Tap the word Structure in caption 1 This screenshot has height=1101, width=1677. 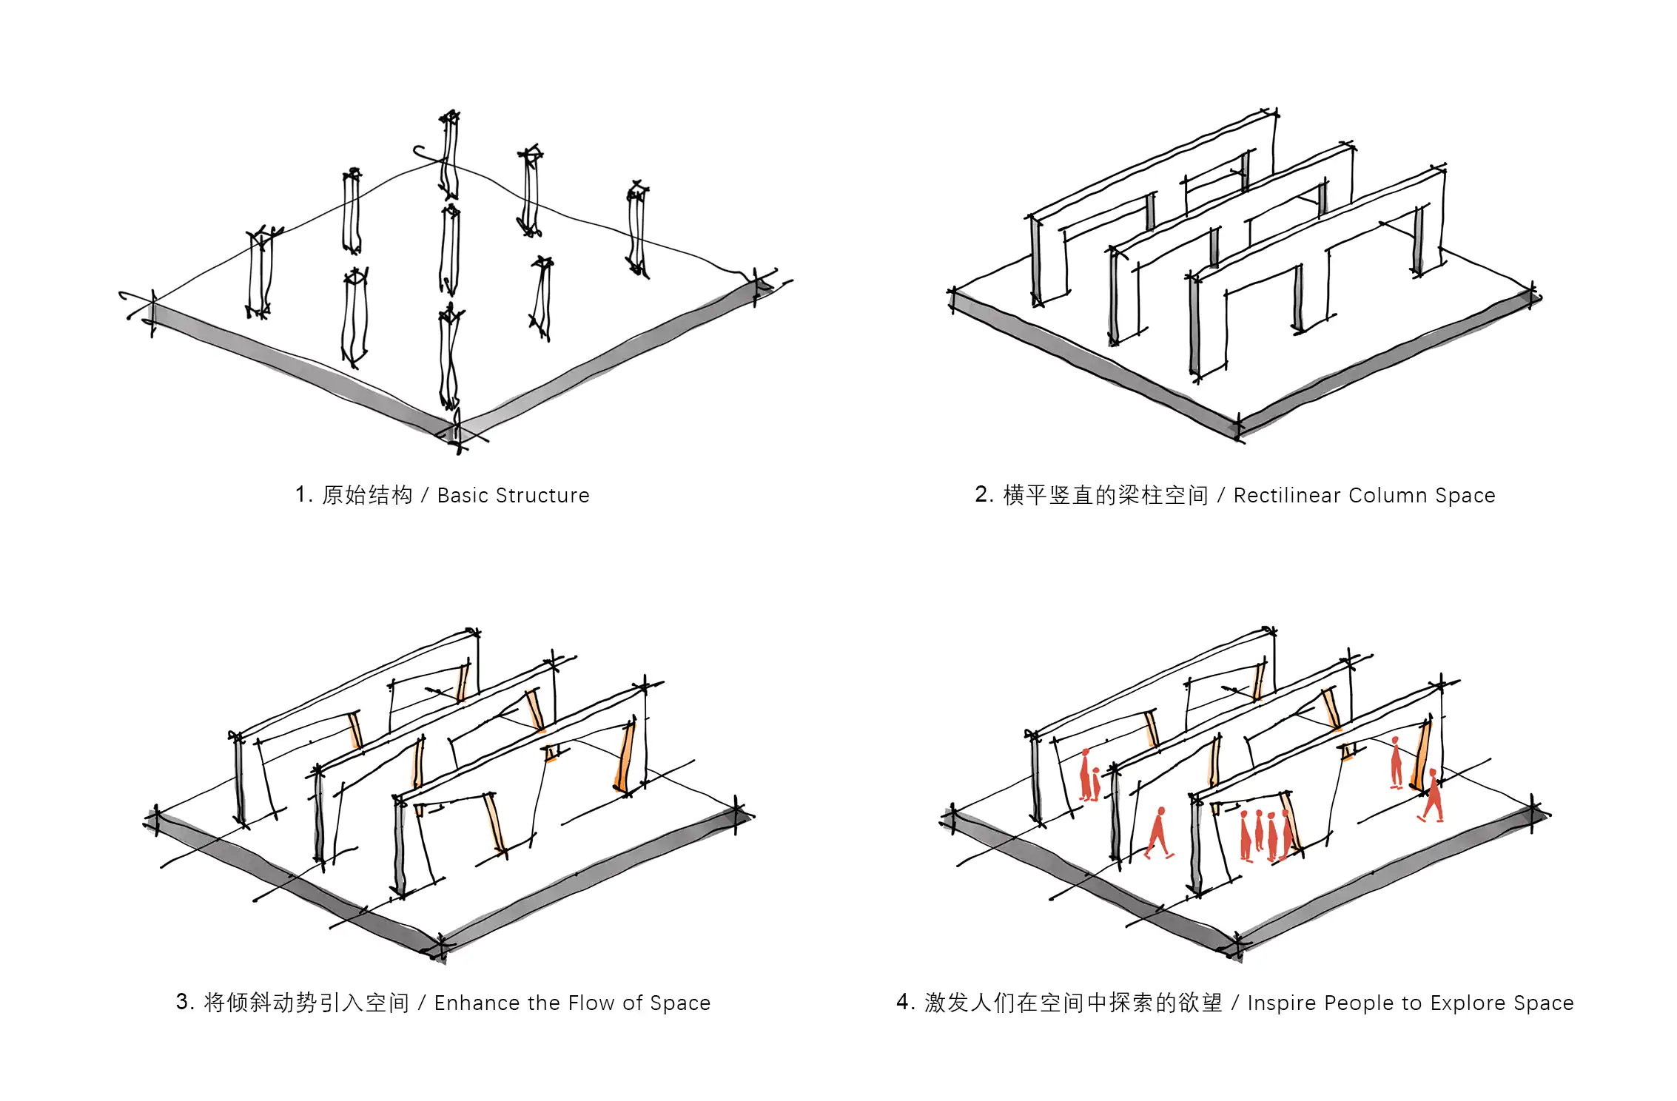(543, 495)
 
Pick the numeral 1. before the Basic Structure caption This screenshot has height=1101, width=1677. (303, 494)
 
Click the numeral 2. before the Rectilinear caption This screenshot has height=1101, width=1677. (984, 494)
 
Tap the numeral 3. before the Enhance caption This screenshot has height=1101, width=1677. (184, 1002)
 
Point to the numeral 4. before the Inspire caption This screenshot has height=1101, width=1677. (905, 1002)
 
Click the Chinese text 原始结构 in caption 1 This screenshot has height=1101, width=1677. (367, 495)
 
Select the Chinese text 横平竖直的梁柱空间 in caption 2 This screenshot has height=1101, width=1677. (1106, 495)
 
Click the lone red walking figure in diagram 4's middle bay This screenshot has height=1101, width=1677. (1159, 833)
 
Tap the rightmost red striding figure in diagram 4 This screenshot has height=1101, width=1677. (1433, 796)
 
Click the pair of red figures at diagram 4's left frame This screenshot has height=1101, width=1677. (1089, 776)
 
